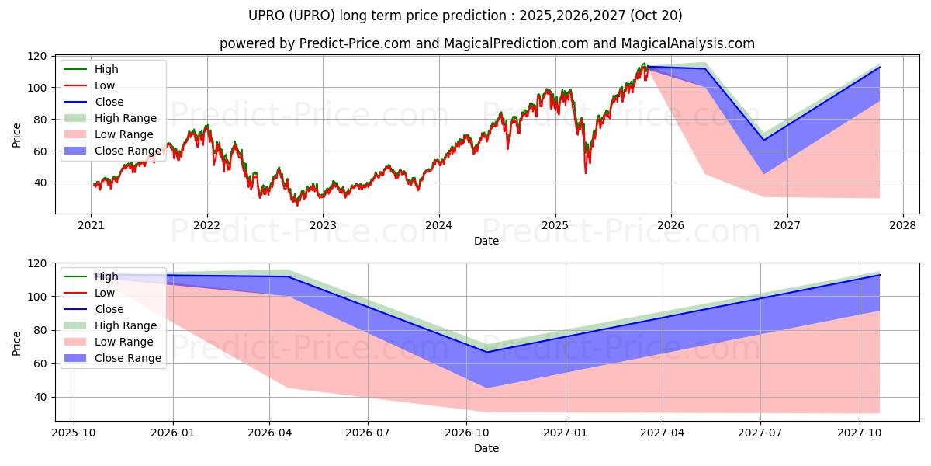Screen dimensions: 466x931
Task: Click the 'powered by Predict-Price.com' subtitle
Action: pos(486,43)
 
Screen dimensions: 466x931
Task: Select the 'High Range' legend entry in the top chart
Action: pos(125,118)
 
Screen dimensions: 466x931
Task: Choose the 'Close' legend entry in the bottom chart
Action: pos(109,309)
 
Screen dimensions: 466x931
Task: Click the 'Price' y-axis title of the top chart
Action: pos(17,134)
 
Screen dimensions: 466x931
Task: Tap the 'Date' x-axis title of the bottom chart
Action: pos(486,448)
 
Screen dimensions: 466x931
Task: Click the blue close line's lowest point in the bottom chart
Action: pos(486,352)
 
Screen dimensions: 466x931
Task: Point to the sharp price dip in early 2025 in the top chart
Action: pos(586,171)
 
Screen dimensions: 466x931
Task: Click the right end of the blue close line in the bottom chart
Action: pos(880,275)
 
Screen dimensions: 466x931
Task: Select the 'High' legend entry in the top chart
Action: pos(107,69)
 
